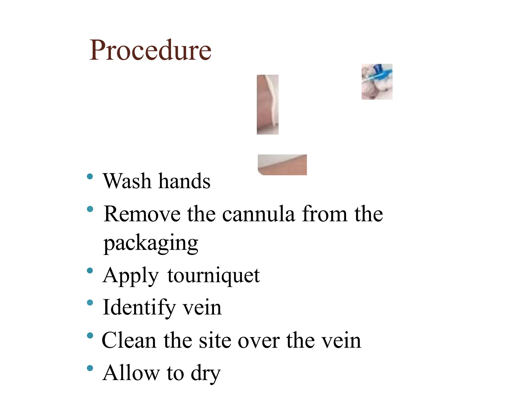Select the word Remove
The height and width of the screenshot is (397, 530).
point(142,214)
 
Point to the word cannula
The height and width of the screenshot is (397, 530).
point(258,214)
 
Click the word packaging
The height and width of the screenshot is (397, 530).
point(151,243)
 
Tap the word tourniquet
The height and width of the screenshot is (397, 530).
point(214,276)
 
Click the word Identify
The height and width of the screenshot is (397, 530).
point(139,308)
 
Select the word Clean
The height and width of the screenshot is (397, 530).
point(129,340)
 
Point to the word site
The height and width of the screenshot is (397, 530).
point(215,340)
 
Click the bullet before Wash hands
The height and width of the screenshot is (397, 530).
point(90,177)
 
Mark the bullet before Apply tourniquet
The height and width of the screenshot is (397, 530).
point(90,271)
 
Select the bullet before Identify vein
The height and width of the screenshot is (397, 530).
point(90,303)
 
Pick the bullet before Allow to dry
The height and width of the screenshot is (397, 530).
point(90,368)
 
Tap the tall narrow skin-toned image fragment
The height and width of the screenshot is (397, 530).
point(268,104)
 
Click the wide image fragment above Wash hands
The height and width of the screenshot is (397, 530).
point(282,165)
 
